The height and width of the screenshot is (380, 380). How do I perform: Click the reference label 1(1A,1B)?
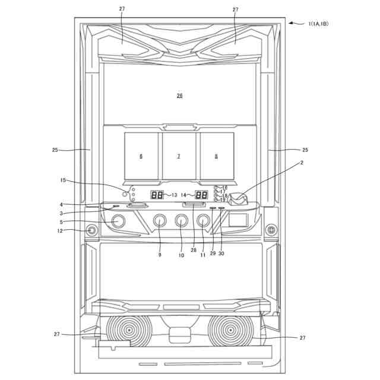pos(318,24)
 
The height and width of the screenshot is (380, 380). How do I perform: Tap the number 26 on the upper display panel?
pos(179,96)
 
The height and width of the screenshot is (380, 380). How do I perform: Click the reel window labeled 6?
pos(141,156)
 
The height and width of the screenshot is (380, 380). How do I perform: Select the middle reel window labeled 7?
pos(179,156)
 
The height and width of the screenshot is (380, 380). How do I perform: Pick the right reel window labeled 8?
pos(217,156)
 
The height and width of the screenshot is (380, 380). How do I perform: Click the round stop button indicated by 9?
pos(160,221)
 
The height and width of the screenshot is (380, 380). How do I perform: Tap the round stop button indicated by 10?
pos(182,221)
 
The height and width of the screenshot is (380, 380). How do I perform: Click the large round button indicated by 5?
pos(118,221)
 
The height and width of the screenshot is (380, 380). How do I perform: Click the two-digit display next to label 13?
pos(157,195)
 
